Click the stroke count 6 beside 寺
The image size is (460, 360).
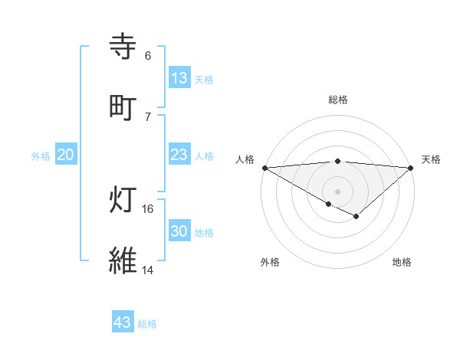coord(148,56)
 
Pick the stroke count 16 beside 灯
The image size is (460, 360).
coord(148,208)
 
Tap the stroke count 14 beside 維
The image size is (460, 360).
coord(148,270)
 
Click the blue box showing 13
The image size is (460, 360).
coord(179,78)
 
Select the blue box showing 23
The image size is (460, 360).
coord(179,155)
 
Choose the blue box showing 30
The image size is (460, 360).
coord(179,231)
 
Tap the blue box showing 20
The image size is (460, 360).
coord(66,155)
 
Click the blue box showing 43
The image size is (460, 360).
coord(123,322)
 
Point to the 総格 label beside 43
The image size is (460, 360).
coord(147,324)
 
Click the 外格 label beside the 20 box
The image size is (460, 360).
coord(41,156)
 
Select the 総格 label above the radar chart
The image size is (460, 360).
coord(338,100)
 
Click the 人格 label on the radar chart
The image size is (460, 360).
coord(245,159)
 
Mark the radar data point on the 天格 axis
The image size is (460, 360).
coord(412,168)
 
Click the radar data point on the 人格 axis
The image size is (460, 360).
coord(264,168)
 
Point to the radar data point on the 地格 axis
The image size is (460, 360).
coord(356,218)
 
